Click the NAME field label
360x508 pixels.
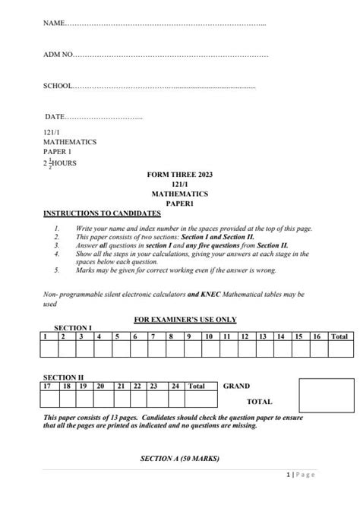pos(55,24)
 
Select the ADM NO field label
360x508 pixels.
pos(58,55)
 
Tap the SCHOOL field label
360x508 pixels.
pos(58,86)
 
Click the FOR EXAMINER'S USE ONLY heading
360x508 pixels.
pos(180,320)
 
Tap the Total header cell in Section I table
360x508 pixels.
pos(339,336)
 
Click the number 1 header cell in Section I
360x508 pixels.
pos(49,336)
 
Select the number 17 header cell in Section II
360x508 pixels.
pos(49,386)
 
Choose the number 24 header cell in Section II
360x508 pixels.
pos(175,386)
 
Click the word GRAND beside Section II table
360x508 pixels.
pos(236,386)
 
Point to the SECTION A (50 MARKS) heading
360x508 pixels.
pos(179,459)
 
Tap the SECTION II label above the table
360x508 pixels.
pos(64,377)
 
